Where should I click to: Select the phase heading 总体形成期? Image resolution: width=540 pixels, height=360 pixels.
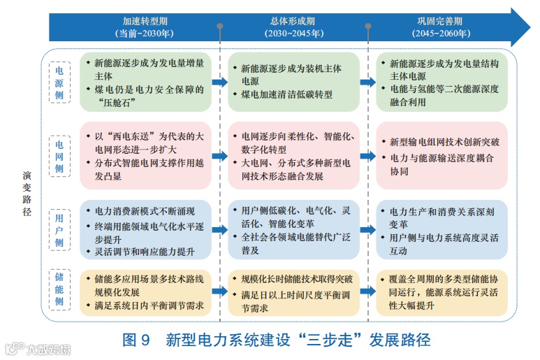(x=293, y=21)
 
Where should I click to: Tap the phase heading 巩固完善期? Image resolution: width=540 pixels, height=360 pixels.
(x=440, y=21)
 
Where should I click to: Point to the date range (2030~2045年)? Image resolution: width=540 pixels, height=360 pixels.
(x=293, y=33)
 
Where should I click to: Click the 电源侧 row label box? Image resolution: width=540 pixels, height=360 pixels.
(x=59, y=82)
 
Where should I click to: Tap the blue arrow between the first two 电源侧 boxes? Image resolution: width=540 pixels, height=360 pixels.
(x=219, y=82)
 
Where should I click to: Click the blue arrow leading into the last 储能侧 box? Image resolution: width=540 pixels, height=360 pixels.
(x=367, y=289)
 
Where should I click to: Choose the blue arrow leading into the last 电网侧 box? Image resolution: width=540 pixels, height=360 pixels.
(x=367, y=157)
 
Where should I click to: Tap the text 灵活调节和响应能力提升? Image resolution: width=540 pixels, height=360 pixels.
(x=145, y=251)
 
